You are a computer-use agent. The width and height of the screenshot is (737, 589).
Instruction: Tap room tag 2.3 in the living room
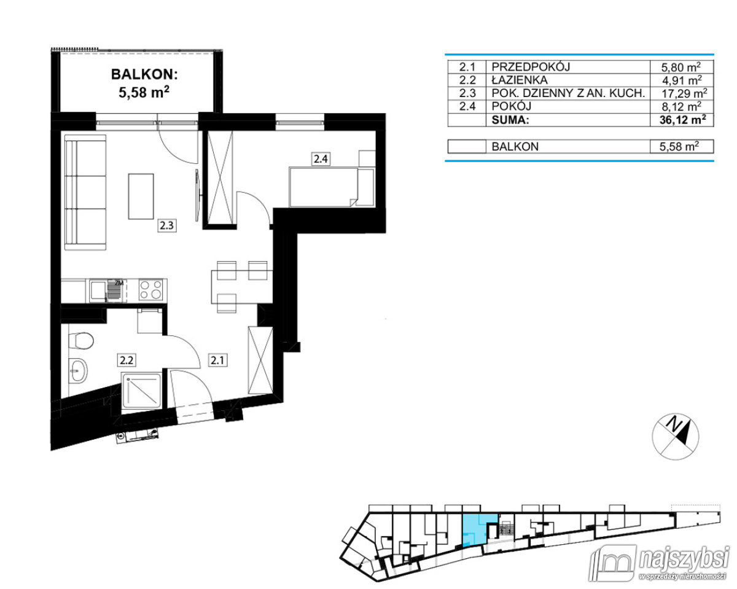point(167,225)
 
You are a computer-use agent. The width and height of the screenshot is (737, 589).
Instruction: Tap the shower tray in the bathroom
point(142,391)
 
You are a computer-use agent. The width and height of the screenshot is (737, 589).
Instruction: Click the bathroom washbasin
point(79,369)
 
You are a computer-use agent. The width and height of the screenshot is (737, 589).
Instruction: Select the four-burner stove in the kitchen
point(150,289)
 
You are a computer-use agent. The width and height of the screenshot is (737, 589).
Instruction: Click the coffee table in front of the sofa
point(141,196)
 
